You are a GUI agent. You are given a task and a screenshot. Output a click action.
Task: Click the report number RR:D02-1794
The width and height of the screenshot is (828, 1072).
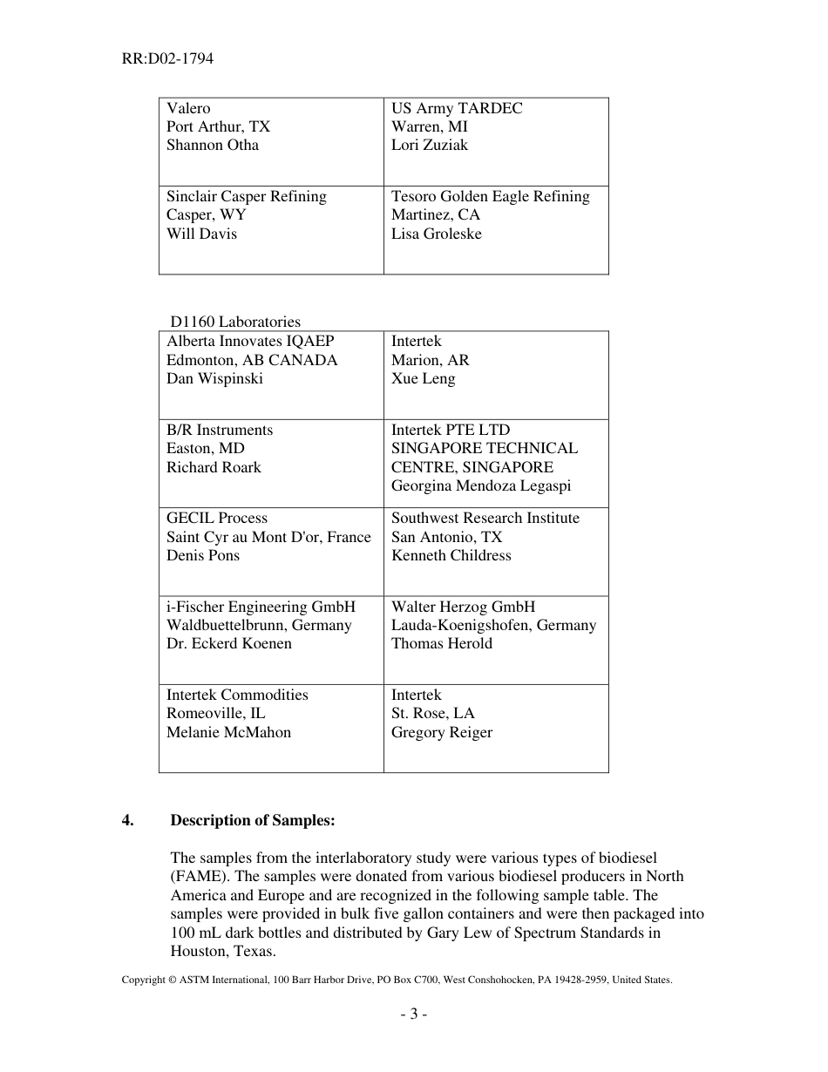click(167, 59)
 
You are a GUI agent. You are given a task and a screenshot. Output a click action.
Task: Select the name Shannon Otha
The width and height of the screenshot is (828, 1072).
click(213, 145)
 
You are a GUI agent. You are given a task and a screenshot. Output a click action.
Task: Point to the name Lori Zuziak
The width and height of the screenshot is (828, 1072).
click(429, 145)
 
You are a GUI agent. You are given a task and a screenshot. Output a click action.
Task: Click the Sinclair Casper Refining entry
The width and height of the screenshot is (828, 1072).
click(247, 196)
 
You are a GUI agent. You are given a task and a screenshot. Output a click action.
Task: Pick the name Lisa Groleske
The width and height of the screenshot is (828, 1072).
click(436, 234)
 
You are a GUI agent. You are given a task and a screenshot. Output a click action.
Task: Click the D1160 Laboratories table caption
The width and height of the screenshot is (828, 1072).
click(235, 322)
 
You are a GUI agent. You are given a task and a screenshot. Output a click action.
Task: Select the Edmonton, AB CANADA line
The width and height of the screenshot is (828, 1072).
click(252, 360)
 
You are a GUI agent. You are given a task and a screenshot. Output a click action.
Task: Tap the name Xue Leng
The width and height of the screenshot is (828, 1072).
click(423, 378)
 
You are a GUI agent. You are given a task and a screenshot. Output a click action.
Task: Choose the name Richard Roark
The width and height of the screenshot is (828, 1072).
click(214, 467)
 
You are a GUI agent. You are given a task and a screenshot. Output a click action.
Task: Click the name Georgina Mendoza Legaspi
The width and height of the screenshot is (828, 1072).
click(481, 485)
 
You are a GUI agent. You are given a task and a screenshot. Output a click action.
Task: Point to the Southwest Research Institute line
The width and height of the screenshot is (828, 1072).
click(485, 518)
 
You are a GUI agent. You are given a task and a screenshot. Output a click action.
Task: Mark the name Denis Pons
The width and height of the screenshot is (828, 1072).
click(203, 555)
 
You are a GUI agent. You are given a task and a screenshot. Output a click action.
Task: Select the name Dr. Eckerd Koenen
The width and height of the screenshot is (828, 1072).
click(229, 643)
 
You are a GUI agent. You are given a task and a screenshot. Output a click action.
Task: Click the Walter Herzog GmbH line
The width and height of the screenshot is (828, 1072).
click(463, 607)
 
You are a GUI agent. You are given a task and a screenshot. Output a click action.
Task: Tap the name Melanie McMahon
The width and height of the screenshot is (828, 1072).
click(228, 732)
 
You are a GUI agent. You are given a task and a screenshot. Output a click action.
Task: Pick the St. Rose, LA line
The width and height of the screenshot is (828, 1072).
click(432, 713)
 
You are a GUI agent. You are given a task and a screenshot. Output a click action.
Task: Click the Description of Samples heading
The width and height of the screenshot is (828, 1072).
click(252, 820)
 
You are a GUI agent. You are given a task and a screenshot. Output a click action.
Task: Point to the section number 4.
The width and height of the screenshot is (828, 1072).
click(127, 820)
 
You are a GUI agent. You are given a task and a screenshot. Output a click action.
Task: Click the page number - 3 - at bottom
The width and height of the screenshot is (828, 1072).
click(413, 1014)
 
